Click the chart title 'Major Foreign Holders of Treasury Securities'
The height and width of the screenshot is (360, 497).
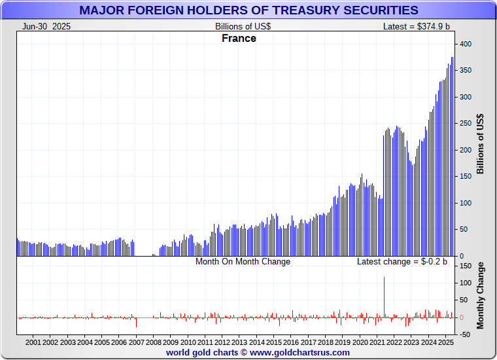coord(248,10)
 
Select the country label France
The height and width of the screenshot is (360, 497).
coord(239,38)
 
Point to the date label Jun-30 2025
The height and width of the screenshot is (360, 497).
coord(46,26)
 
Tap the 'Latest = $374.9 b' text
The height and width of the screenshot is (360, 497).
coord(417,26)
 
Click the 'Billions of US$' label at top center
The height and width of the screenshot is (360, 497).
coord(243,26)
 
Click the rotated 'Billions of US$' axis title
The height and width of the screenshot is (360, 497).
coord(481,144)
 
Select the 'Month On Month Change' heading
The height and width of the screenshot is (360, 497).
coord(243,261)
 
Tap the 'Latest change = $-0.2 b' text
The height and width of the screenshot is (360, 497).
coord(402,261)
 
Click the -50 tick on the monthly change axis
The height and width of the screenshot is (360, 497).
coord(464,334)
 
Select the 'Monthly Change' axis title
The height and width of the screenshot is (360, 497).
coord(481,295)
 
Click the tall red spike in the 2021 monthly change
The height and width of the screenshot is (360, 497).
coord(384,295)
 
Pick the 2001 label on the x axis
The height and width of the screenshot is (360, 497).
coord(33,342)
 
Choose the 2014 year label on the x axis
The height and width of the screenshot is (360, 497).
coord(256,342)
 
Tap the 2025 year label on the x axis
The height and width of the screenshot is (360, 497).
coord(445,342)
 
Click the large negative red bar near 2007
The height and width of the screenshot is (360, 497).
coord(136,323)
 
